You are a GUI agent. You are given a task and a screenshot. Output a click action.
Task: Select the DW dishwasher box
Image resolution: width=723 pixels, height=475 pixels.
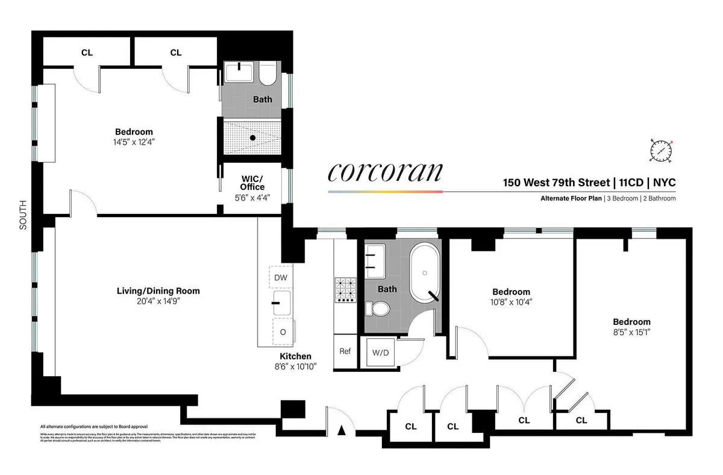(280, 278)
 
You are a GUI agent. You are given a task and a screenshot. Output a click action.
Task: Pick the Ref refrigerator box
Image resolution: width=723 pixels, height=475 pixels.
(345, 351)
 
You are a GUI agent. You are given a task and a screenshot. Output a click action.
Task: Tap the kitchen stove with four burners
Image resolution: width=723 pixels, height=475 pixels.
(346, 289)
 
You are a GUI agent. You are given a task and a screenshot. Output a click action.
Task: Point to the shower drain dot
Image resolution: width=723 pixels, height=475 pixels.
(254, 137)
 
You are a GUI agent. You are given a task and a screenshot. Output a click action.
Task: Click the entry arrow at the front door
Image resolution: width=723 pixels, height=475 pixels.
(342, 430)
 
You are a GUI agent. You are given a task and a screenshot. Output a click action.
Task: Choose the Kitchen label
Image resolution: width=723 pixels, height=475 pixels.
(295, 356)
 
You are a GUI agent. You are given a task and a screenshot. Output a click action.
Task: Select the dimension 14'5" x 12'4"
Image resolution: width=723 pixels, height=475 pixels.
(134, 143)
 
